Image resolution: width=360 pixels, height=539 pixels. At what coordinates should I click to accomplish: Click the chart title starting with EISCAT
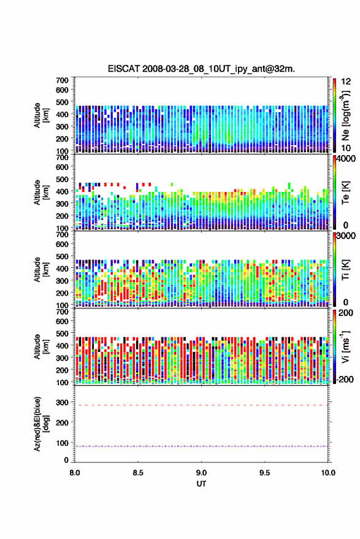pos(201,69)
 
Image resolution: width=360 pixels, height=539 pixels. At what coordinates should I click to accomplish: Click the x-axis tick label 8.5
pos(138,473)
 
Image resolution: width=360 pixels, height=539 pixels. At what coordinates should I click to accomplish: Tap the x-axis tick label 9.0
pos(201,473)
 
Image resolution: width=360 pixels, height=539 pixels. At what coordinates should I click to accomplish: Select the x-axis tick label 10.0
pos(328,473)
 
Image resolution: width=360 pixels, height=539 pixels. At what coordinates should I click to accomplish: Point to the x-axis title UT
pos(201,484)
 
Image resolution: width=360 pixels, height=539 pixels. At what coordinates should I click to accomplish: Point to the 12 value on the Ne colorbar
pos(346,81)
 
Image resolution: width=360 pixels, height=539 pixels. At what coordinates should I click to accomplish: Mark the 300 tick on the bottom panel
pos(63,402)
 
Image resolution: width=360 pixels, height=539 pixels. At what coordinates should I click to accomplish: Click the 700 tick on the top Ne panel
pos(62,80)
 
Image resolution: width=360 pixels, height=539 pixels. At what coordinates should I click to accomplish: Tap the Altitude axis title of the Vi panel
pos(40,346)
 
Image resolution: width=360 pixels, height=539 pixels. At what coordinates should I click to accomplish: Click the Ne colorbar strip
pos(335,115)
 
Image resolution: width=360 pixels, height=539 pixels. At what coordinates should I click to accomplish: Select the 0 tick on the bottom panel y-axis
pos(66,460)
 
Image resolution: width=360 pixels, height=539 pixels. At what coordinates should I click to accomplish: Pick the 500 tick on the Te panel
pos(62,179)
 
